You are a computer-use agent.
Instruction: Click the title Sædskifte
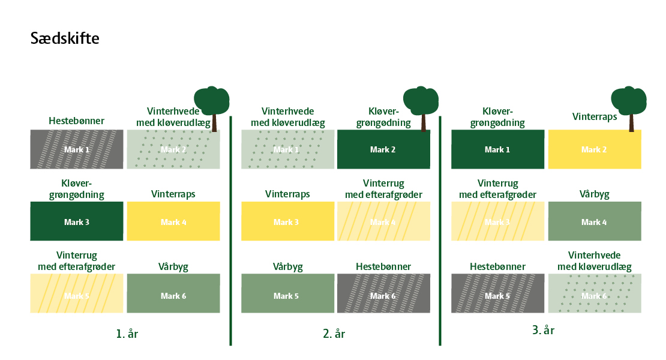(x=65, y=39)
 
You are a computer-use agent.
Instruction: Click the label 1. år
(x=127, y=334)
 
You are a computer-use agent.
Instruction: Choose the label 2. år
(x=334, y=334)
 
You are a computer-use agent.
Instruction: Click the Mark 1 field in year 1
(x=77, y=149)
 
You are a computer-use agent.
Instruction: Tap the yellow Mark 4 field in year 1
(x=173, y=221)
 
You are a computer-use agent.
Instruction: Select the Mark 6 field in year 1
(x=173, y=295)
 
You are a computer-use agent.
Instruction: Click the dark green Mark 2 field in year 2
(x=383, y=149)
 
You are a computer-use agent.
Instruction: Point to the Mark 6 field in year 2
(x=383, y=295)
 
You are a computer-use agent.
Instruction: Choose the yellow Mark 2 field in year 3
(x=594, y=149)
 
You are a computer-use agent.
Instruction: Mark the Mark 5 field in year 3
(x=497, y=295)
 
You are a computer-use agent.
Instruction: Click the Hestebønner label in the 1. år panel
(x=77, y=121)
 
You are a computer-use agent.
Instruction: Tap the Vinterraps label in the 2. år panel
(x=287, y=194)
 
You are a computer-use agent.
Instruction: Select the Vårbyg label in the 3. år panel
(x=594, y=194)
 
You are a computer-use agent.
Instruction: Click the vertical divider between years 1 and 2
(x=230, y=231)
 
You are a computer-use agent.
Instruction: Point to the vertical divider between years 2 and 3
(x=440, y=231)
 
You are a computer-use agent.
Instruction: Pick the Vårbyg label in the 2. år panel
(x=287, y=266)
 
